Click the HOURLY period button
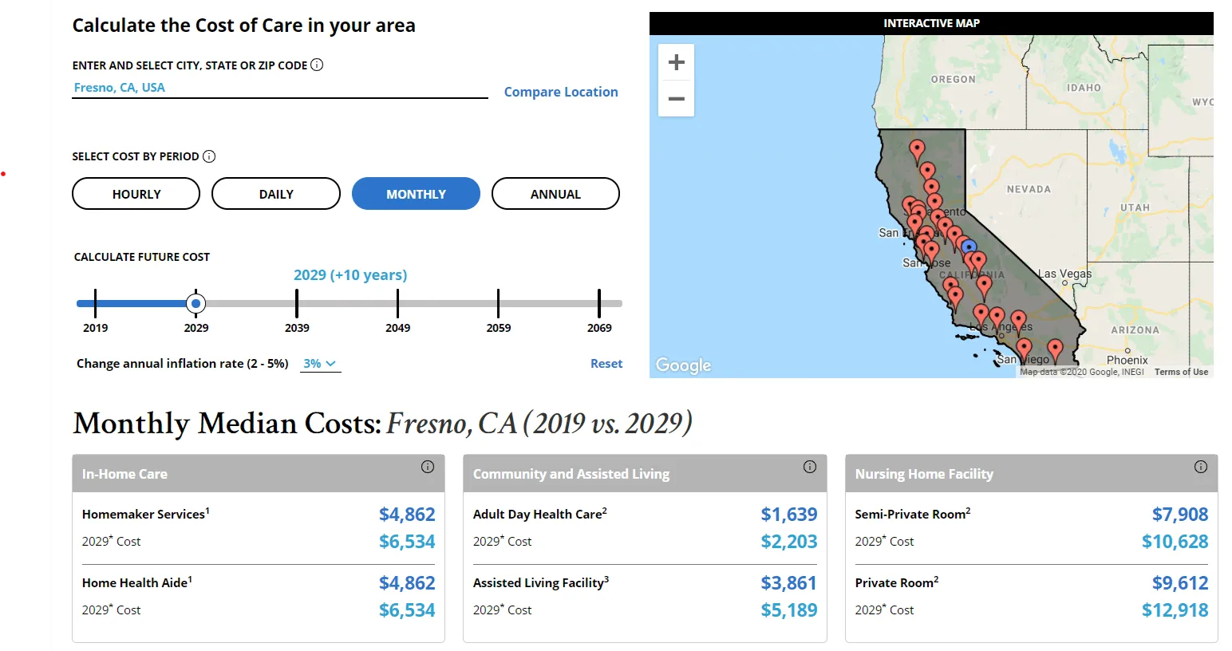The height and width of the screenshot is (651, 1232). (136, 194)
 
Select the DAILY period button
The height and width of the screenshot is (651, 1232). (276, 194)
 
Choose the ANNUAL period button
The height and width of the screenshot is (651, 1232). (555, 194)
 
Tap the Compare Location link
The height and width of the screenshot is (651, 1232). (561, 92)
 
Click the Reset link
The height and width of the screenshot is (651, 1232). (606, 364)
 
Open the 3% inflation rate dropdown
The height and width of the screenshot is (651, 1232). (320, 364)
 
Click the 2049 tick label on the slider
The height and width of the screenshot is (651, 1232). (397, 328)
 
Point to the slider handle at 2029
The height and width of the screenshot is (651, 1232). (195, 303)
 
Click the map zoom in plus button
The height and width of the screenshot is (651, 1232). (677, 62)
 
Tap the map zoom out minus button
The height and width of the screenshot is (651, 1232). (677, 99)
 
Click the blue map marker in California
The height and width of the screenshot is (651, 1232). (969, 247)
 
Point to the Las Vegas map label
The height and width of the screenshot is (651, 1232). (1064, 274)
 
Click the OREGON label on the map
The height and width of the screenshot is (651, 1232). (953, 80)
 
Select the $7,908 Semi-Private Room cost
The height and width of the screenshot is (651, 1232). (1179, 515)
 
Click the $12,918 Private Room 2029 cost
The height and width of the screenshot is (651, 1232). (1175, 610)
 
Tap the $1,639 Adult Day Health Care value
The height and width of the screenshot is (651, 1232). (788, 515)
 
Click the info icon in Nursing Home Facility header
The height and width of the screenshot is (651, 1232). (1201, 467)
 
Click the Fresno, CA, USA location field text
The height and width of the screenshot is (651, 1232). (120, 88)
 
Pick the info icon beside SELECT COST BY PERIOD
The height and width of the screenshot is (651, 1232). (209, 156)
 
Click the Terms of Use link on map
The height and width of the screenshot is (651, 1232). (1181, 372)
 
